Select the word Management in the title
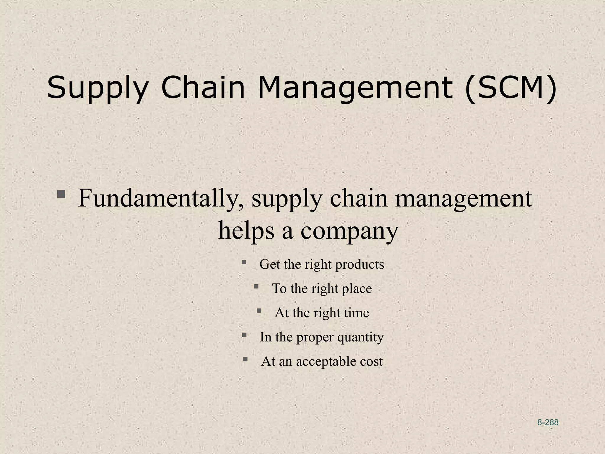(x=355, y=88)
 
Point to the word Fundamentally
(x=161, y=198)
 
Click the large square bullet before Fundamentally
(x=61, y=194)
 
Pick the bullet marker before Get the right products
(x=244, y=262)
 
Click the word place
(x=357, y=289)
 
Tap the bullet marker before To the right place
(x=256, y=286)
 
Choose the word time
(x=356, y=313)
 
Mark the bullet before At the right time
(x=259, y=310)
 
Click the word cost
(x=371, y=361)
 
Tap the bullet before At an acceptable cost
(x=245, y=359)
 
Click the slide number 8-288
(x=548, y=422)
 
